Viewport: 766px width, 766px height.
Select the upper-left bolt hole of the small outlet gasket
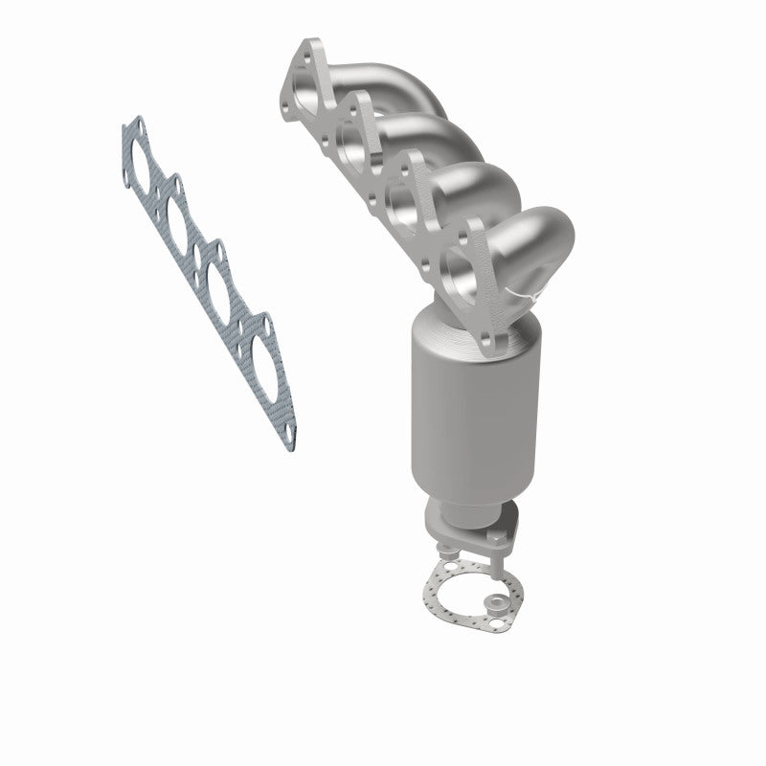point(446,552)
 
